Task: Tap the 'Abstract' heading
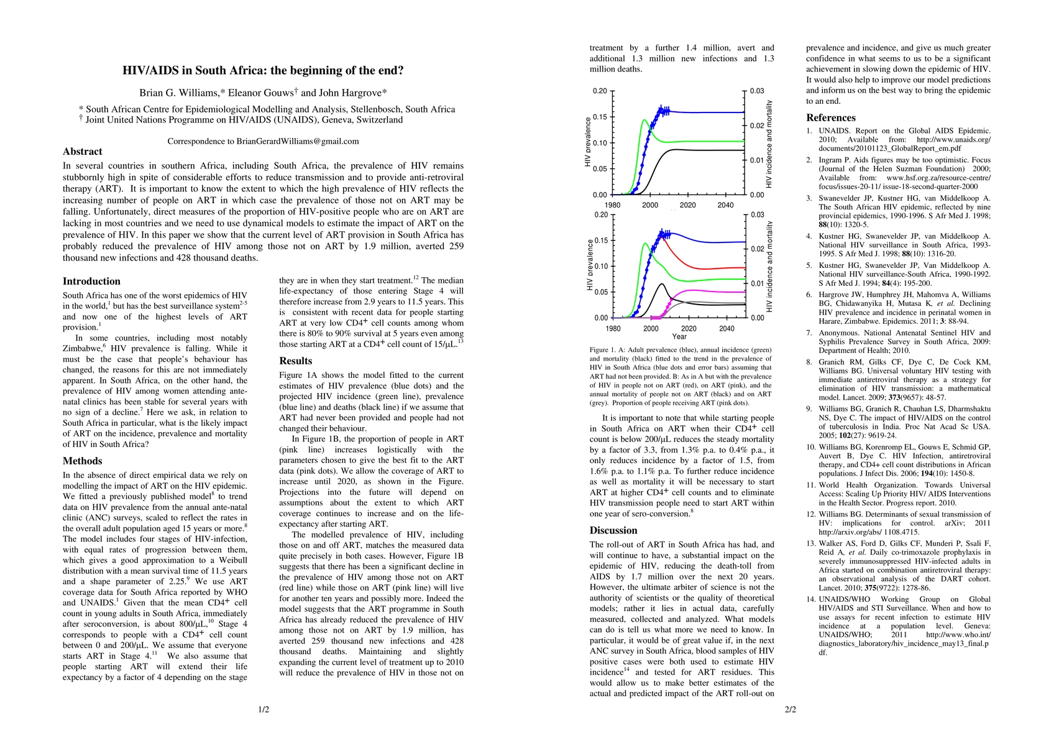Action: coord(82,152)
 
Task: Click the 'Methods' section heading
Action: coord(82,461)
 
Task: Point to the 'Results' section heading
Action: coord(296,361)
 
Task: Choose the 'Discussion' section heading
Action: coord(613,531)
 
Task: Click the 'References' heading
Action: coord(831,118)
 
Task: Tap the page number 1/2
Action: coord(263,709)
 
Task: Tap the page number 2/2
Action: coord(790,709)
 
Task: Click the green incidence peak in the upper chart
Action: coord(644,120)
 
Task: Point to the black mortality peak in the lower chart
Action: coord(662,284)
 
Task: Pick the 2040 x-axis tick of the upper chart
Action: coord(725,206)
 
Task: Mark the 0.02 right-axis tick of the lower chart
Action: coord(757,249)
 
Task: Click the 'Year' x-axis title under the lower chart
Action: coord(679,337)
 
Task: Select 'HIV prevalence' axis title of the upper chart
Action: coord(589,143)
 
